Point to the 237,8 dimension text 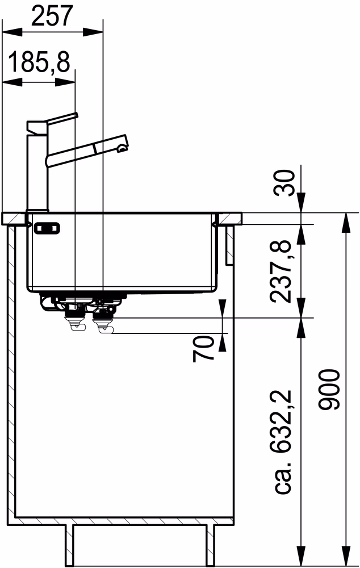[281, 272]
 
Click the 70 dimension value [204, 349]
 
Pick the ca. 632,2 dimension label [283, 442]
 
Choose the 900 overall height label [329, 390]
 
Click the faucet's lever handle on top [61, 119]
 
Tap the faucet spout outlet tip [123, 147]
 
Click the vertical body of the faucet [37, 170]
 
